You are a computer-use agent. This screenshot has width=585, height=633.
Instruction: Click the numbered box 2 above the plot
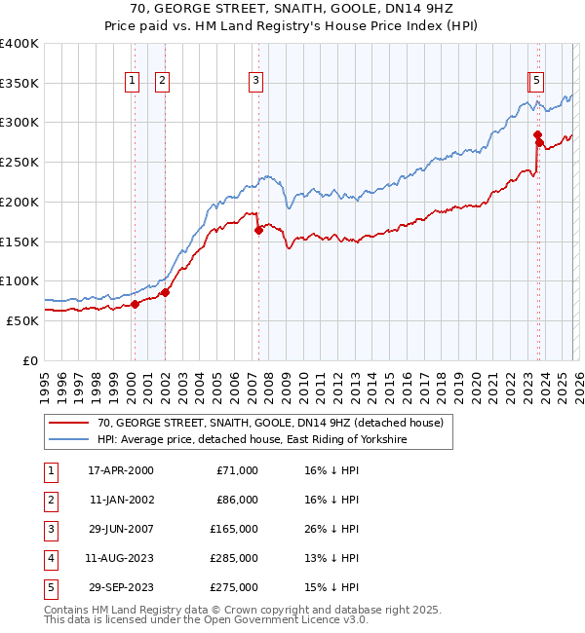click(162, 82)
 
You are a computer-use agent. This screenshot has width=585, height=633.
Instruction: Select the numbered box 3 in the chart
click(255, 82)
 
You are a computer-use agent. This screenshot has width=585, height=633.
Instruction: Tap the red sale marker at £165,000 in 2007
click(258, 231)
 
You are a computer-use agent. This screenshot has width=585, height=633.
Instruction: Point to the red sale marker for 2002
click(165, 292)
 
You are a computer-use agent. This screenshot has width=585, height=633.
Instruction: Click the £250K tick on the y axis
click(19, 163)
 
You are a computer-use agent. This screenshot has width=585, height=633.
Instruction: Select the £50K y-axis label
click(22, 320)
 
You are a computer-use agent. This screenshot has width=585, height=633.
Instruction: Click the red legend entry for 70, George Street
click(270, 423)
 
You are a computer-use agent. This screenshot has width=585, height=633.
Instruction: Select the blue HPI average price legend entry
click(251, 440)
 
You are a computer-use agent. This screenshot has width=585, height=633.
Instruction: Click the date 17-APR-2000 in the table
click(120, 470)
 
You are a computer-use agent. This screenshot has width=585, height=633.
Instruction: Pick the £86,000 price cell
click(236, 500)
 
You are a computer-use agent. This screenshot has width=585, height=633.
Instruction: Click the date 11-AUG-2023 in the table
click(120, 558)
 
